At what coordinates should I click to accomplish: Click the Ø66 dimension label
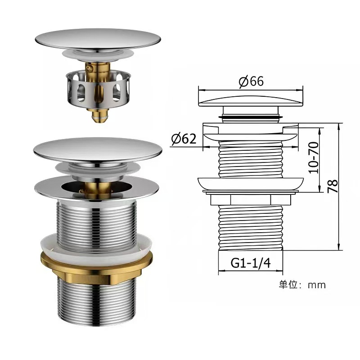[251, 81]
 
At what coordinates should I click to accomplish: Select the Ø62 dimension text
[184, 139]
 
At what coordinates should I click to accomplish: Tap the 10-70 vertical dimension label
[314, 158]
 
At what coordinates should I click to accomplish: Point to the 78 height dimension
[333, 186]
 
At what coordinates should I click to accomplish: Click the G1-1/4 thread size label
[251, 263]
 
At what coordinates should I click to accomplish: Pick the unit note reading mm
[317, 285]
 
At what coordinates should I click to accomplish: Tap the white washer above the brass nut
[96, 244]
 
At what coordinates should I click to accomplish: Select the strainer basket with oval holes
[99, 90]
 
